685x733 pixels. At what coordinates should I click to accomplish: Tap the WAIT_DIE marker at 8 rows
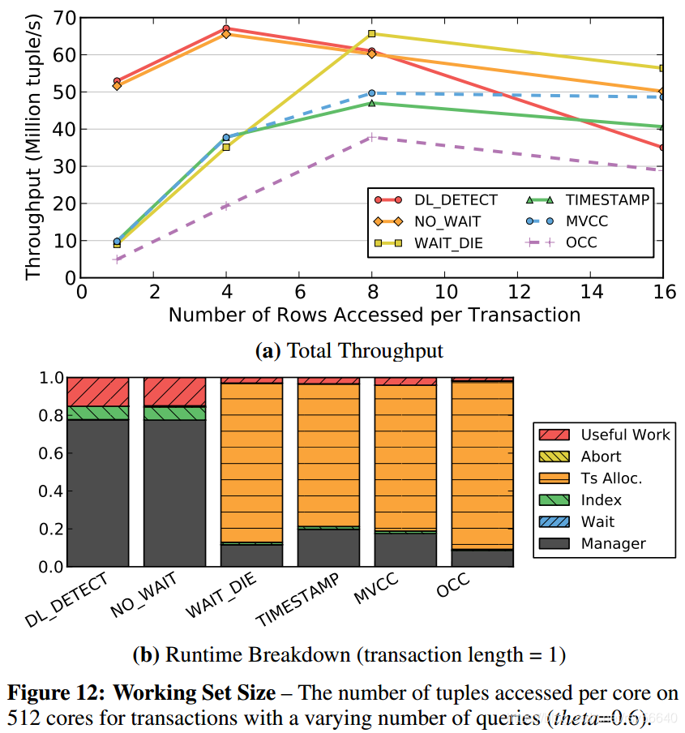tap(372, 33)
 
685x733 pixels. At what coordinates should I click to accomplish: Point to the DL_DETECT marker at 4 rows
tap(226, 28)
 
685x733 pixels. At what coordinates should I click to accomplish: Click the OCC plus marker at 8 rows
tap(372, 137)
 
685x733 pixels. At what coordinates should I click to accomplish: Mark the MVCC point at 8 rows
tap(372, 93)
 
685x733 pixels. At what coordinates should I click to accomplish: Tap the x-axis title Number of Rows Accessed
tap(374, 315)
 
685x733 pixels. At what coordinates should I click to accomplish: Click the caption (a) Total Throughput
tap(349, 350)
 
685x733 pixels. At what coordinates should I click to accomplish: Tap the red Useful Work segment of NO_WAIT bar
tap(174, 391)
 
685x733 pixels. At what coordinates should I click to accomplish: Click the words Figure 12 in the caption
tap(55, 694)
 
